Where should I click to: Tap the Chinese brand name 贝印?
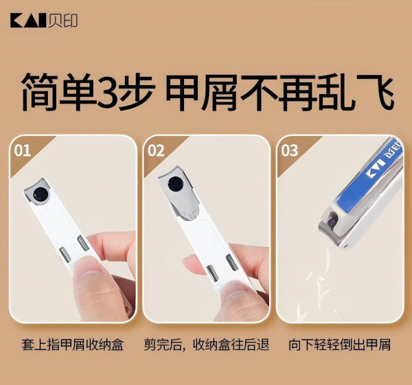(x=63, y=21)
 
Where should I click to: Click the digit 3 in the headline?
(x=107, y=91)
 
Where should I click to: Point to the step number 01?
(x=22, y=151)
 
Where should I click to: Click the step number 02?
(x=156, y=151)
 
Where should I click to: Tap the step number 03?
(x=289, y=151)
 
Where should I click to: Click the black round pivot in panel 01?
(x=41, y=195)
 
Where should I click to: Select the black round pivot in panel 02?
(x=176, y=184)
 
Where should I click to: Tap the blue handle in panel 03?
(x=367, y=178)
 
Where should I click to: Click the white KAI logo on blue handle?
(x=375, y=168)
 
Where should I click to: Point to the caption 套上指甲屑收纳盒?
(x=73, y=345)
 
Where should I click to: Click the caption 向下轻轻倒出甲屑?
(x=339, y=345)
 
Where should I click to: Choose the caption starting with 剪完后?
(x=207, y=345)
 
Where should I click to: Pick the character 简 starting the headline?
(x=39, y=91)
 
